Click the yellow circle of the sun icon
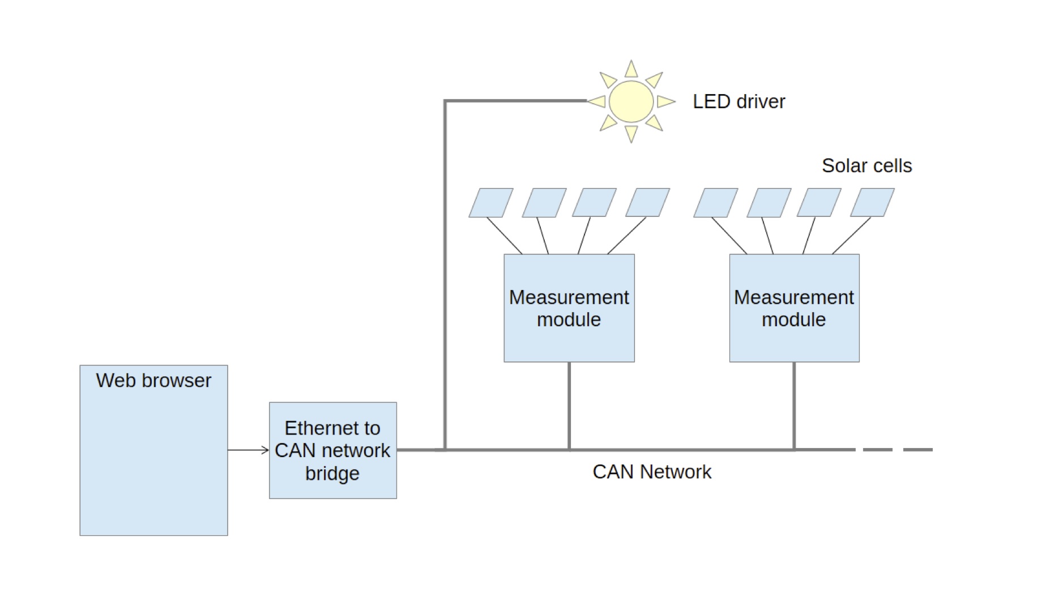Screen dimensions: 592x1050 pyautogui.click(x=631, y=101)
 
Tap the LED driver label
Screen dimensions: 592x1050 pyautogui.click(x=739, y=101)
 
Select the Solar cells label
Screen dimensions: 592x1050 pyautogui.click(x=867, y=165)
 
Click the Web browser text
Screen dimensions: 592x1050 pyautogui.click(x=153, y=380)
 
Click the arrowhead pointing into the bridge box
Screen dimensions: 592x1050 pyautogui.click(x=265, y=450)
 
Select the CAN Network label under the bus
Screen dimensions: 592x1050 pyautogui.click(x=651, y=471)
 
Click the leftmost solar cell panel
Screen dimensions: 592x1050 pyautogui.click(x=490, y=203)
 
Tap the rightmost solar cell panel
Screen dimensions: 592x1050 pyautogui.click(x=872, y=203)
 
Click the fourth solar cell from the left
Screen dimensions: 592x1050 pyautogui.click(x=647, y=203)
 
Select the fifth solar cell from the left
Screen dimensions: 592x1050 pyautogui.click(x=715, y=203)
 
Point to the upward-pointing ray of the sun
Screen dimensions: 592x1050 pyautogui.click(x=631, y=70)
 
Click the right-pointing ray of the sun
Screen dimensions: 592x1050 pyautogui.click(x=665, y=101)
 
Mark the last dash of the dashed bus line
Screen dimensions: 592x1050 pyautogui.click(x=917, y=450)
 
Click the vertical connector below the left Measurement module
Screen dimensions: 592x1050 pyautogui.click(x=569, y=405)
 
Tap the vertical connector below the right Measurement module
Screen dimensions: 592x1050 pyautogui.click(x=794, y=405)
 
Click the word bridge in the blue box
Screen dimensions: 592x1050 pyautogui.click(x=332, y=473)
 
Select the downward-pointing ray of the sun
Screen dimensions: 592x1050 pyautogui.click(x=631, y=133)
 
